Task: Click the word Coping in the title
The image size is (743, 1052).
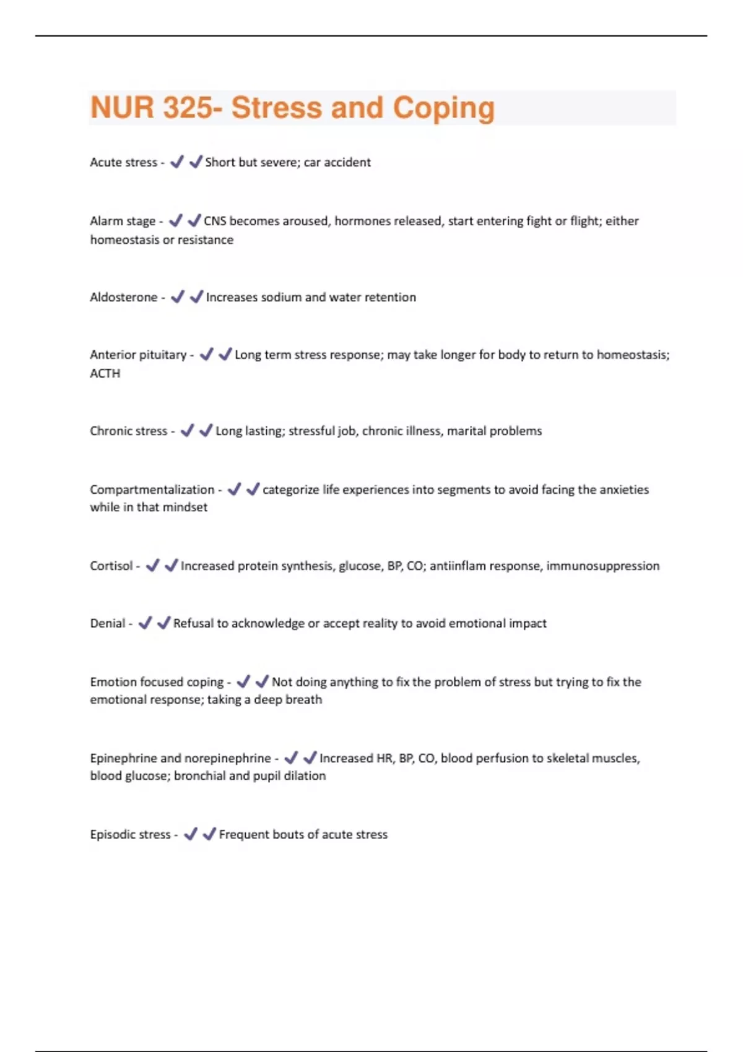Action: [x=443, y=108]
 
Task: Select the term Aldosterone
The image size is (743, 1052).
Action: [x=123, y=298]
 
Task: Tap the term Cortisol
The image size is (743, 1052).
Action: [x=111, y=566]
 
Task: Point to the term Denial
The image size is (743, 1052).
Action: [x=107, y=624]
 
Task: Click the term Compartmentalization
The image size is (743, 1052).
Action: [x=152, y=490]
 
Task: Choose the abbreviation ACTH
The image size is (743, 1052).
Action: [x=105, y=374]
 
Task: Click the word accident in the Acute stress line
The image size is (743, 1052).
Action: [x=347, y=163]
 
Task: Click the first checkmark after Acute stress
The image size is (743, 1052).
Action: [x=176, y=162]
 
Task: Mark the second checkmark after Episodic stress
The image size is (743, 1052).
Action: [x=209, y=834]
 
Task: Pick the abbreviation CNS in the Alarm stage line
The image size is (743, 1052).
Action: [x=215, y=222]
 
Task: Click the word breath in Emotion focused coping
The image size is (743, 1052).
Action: [x=304, y=700]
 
